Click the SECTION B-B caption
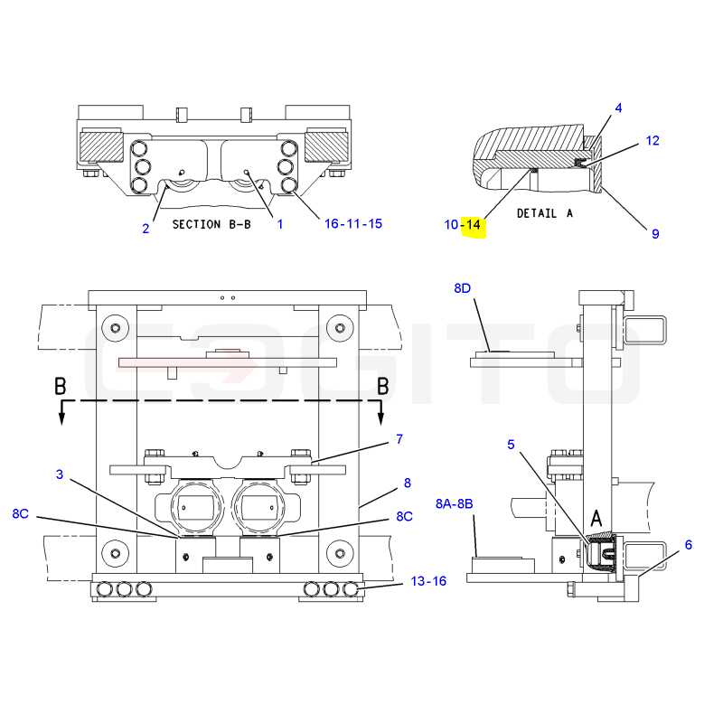211,224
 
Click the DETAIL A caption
545,213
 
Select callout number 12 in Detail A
653,141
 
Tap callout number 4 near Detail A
618,108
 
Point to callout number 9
655,234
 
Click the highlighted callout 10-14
463,224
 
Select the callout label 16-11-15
353,223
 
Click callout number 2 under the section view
146,229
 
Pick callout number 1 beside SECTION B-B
279,224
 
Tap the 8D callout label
462,288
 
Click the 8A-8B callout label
455,503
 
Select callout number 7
399,439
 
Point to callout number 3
60,474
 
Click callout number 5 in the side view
511,445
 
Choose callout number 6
689,545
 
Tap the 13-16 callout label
428,581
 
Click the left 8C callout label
20,513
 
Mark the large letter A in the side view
596,518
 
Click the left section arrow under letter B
61,412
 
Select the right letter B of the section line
382,387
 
